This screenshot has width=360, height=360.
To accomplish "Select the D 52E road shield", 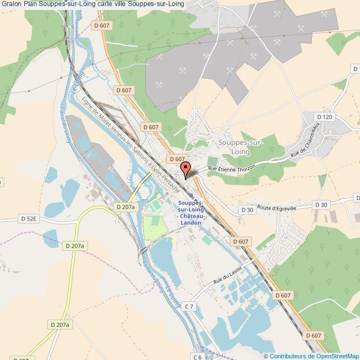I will [28, 219].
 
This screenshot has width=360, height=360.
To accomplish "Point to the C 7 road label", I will [189, 306].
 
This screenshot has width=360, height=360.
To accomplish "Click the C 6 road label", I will [198, 357].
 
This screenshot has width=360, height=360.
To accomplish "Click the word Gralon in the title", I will [11, 4].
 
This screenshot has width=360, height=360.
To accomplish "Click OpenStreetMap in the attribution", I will [338, 356].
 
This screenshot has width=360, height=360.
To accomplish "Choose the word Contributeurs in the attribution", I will [291, 356].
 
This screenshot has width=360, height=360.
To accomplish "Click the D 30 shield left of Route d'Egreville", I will [247, 210].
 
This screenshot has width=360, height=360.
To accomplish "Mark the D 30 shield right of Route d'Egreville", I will [321, 205].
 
